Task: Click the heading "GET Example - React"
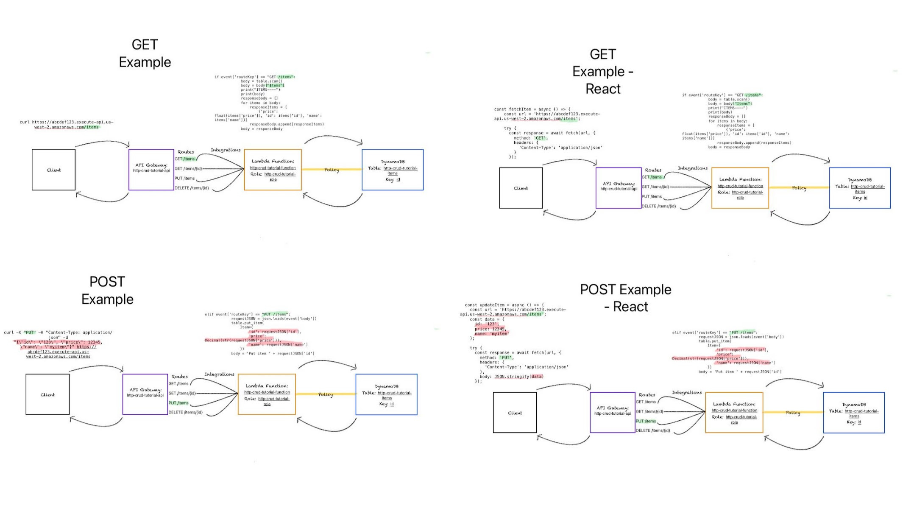click(x=602, y=72)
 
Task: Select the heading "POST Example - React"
click(x=626, y=298)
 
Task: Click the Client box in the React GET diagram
click(x=521, y=188)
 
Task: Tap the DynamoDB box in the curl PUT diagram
click(x=386, y=394)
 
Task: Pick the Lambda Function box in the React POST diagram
click(x=734, y=412)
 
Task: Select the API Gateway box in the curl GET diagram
click(x=151, y=170)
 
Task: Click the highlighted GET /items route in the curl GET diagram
click(x=185, y=159)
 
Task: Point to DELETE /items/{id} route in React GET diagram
click(x=658, y=206)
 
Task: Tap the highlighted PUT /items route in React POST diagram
click(x=646, y=421)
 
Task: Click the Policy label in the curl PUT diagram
click(x=326, y=394)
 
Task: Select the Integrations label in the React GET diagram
click(x=692, y=168)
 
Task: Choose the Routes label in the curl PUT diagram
click(x=179, y=377)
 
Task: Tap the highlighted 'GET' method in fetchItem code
click(x=540, y=138)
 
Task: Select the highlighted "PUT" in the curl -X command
click(x=30, y=332)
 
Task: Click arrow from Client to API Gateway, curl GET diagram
click(x=102, y=142)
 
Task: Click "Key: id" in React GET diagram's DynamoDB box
click(x=860, y=198)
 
